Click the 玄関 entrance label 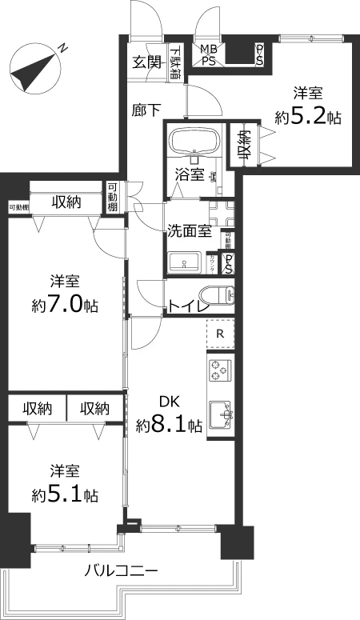[x=146, y=62]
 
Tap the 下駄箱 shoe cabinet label [x=175, y=63]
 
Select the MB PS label [x=209, y=54]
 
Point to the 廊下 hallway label [x=145, y=110]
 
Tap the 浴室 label [x=189, y=174]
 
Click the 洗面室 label [x=189, y=231]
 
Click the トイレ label [x=189, y=306]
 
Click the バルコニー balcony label [x=122, y=571]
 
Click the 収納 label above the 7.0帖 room [x=66, y=202]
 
